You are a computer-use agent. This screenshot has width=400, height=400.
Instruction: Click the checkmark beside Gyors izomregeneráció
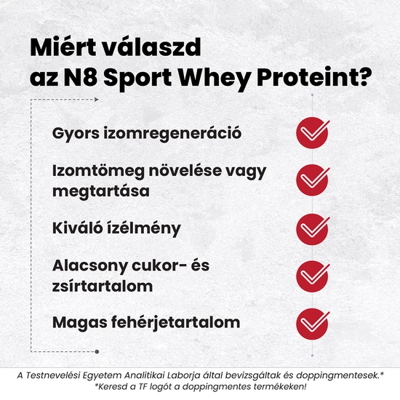(x=313, y=134)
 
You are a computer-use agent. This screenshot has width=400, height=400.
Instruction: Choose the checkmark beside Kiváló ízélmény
(x=313, y=228)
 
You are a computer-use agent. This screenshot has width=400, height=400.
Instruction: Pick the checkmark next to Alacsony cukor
(x=313, y=275)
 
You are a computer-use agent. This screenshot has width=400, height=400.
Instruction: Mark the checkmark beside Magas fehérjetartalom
(x=313, y=322)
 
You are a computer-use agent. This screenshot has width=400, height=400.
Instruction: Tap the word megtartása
(x=100, y=192)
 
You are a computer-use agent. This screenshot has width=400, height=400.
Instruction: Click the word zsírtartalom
(x=103, y=286)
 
